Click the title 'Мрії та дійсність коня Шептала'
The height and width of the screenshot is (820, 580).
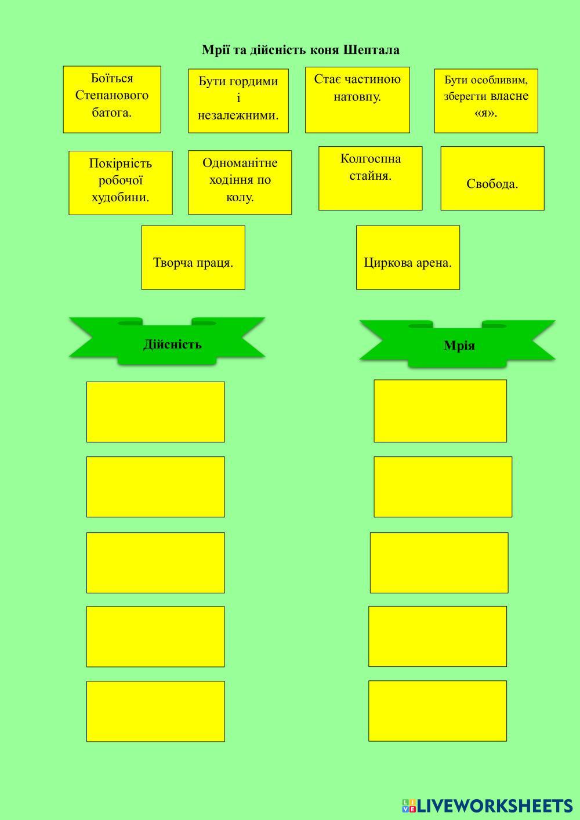click(300, 50)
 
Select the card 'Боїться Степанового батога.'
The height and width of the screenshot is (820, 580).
click(112, 99)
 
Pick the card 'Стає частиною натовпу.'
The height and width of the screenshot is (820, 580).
click(357, 99)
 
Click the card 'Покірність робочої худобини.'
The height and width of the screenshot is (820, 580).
click(121, 183)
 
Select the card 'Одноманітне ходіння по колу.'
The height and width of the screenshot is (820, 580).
click(240, 182)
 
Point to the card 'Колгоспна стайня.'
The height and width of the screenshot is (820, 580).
click(371, 178)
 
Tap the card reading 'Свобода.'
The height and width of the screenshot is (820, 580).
click(492, 178)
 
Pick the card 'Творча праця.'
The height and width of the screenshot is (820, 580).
click(193, 257)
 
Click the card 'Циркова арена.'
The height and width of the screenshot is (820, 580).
click(408, 257)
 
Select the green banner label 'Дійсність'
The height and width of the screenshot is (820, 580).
click(172, 344)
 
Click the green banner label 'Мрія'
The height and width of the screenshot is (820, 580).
click(459, 346)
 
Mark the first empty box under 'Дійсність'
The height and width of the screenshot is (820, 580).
click(155, 412)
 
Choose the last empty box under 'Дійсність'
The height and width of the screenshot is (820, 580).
click(155, 711)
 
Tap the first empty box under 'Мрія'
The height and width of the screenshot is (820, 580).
click(440, 411)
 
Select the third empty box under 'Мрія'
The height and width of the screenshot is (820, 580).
click(439, 563)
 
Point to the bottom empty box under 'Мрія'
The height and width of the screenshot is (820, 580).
click(437, 710)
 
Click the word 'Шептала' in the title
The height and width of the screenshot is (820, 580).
click(371, 50)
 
